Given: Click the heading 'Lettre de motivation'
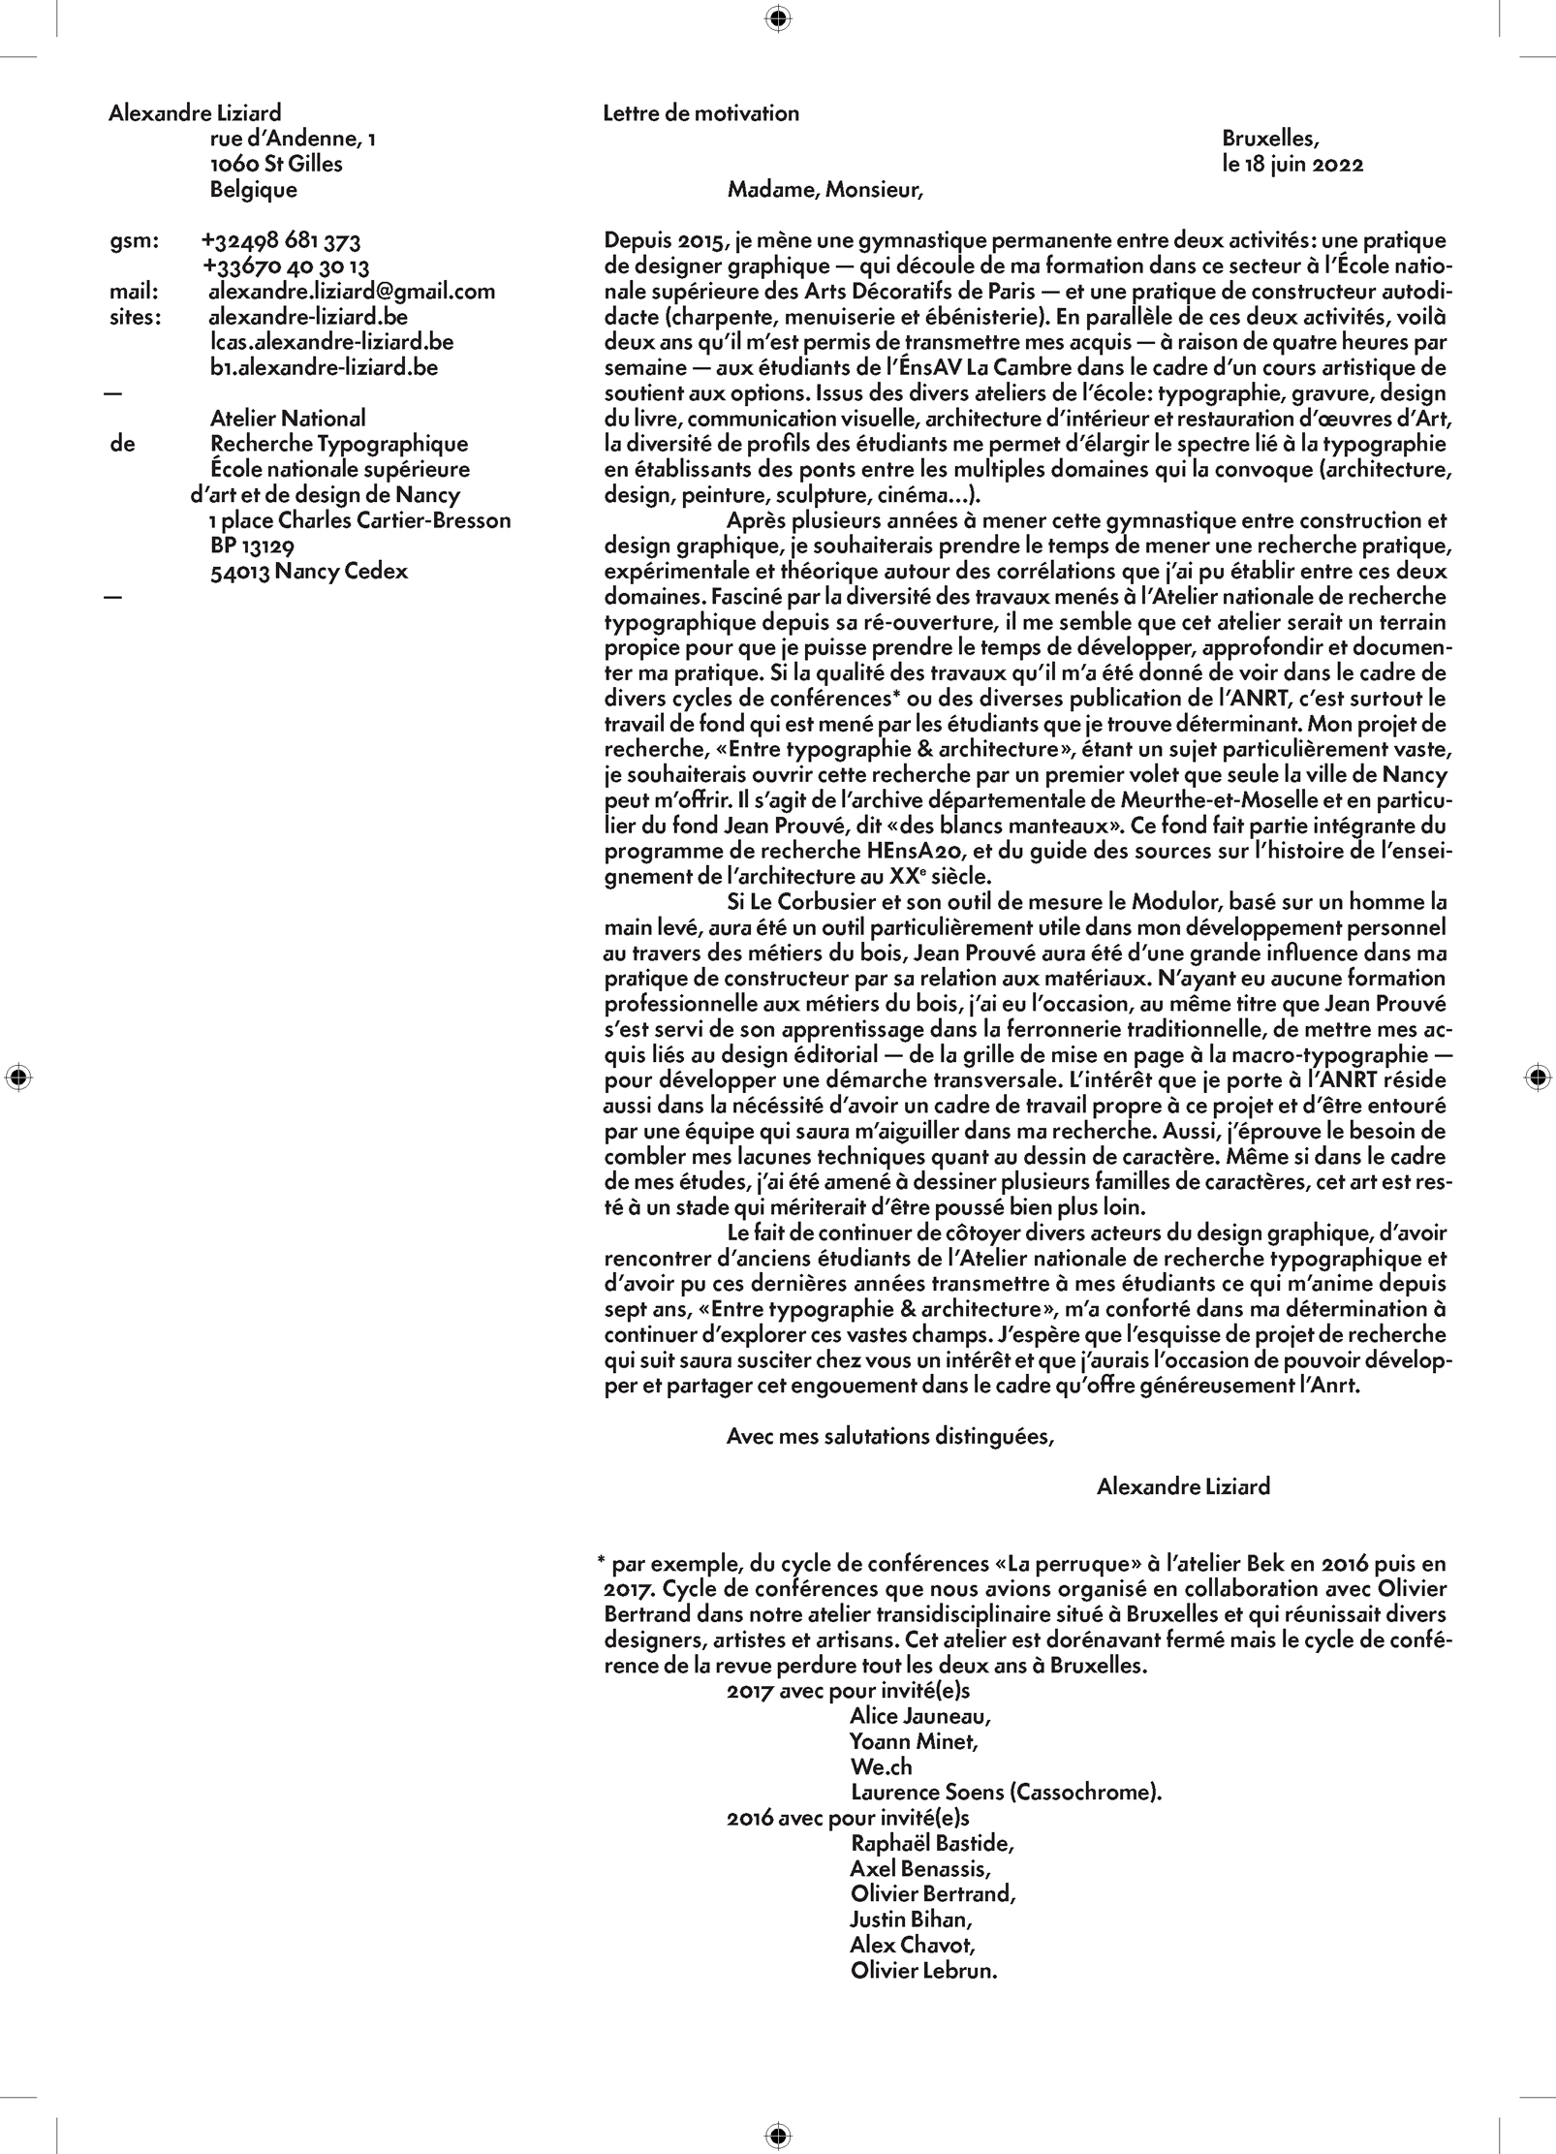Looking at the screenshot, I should click(x=700, y=113).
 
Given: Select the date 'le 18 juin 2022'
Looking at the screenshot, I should click(x=1292, y=165).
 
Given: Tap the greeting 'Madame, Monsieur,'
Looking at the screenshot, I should click(x=825, y=190).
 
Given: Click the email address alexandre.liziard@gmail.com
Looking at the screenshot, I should click(x=352, y=292).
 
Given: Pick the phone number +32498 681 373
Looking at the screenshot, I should click(x=281, y=241).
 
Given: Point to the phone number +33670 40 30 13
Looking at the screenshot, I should click(x=286, y=266).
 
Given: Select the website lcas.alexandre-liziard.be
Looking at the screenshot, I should click(x=331, y=342).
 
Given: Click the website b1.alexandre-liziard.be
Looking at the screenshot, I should click(x=324, y=367).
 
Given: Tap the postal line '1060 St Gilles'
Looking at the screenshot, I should click(x=276, y=165).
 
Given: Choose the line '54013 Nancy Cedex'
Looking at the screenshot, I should click(x=309, y=572).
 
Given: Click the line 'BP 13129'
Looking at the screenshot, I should click(x=252, y=546).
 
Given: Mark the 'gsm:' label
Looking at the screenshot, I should click(x=134, y=241).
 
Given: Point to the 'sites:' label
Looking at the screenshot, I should click(x=135, y=317).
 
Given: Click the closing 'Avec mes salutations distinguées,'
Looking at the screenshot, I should click(x=889, y=1437).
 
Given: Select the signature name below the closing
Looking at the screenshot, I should click(x=1183, y=1486).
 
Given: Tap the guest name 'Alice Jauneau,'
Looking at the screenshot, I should click(x=920, y=1716).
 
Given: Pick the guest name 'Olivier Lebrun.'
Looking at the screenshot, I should click(x=923, y=1970).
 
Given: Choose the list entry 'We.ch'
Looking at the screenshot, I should click(x=882, y=1766).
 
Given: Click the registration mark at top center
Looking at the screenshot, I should click(x=778, y=18).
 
